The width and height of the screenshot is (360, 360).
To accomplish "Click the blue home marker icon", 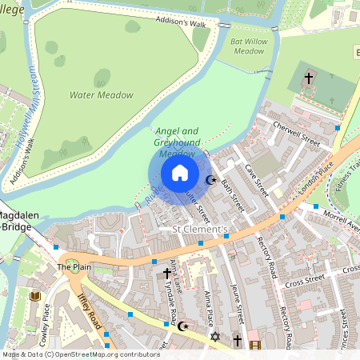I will (180, 173).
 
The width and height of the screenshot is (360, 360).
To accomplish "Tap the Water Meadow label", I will (101, 95).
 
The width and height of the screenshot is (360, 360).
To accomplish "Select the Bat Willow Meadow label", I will (247, 46).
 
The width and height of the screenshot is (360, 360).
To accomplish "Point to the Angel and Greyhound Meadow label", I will (176, 142).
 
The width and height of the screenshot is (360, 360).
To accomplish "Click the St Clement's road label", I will (200, 230).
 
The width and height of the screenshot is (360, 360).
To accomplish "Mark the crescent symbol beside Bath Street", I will (211, 180).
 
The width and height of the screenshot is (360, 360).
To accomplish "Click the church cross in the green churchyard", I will (309, 78).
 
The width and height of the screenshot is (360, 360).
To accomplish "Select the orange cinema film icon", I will (255, 346).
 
